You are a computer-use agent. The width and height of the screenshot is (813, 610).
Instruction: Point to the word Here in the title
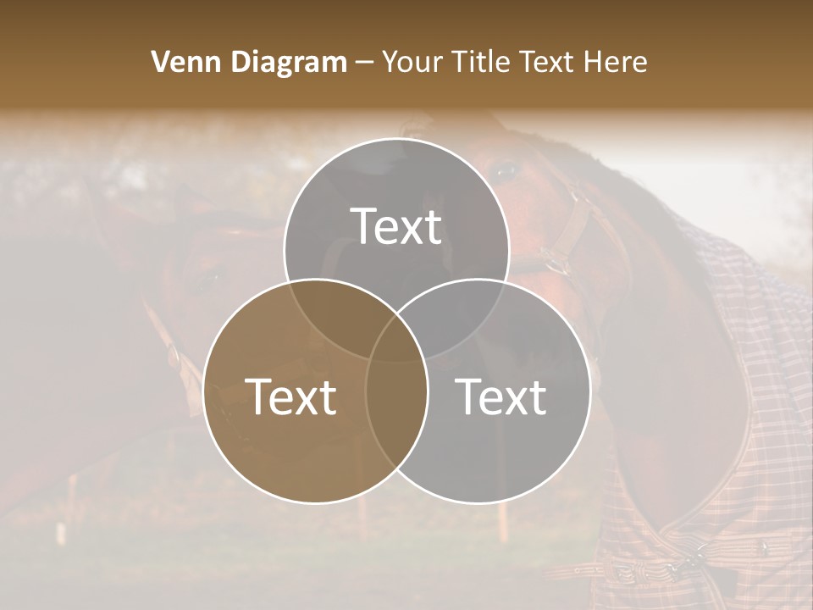tap(617, 62)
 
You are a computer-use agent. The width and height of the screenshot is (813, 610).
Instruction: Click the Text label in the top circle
tap(396, 227)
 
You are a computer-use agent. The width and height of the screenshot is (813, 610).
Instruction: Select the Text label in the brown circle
tap(290, 396)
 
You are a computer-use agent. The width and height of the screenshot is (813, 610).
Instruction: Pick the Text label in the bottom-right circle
tap(501, 396)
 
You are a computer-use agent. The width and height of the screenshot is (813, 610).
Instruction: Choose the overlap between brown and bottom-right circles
tap(396, 407)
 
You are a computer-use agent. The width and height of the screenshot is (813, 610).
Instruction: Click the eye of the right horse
tap(506, 171)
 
